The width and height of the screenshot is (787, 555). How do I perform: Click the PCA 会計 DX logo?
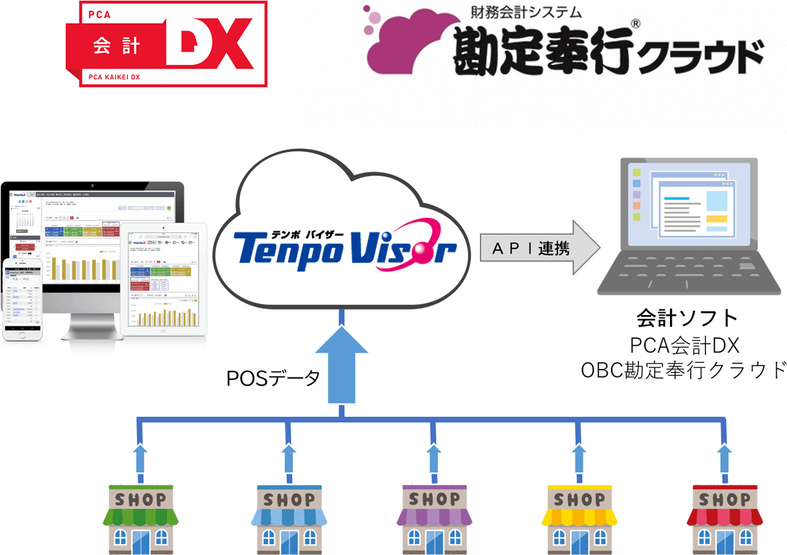coord(166,43)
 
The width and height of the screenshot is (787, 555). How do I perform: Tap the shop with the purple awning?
coord(434,516)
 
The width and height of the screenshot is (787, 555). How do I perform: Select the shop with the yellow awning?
coord(579,516)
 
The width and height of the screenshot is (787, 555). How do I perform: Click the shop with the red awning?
coord(725,516)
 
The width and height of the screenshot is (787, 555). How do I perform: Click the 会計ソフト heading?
coord(687,318)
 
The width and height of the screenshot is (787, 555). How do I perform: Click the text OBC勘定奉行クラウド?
coord(684,370)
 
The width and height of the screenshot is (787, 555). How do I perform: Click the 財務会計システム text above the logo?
coord(526,12)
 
